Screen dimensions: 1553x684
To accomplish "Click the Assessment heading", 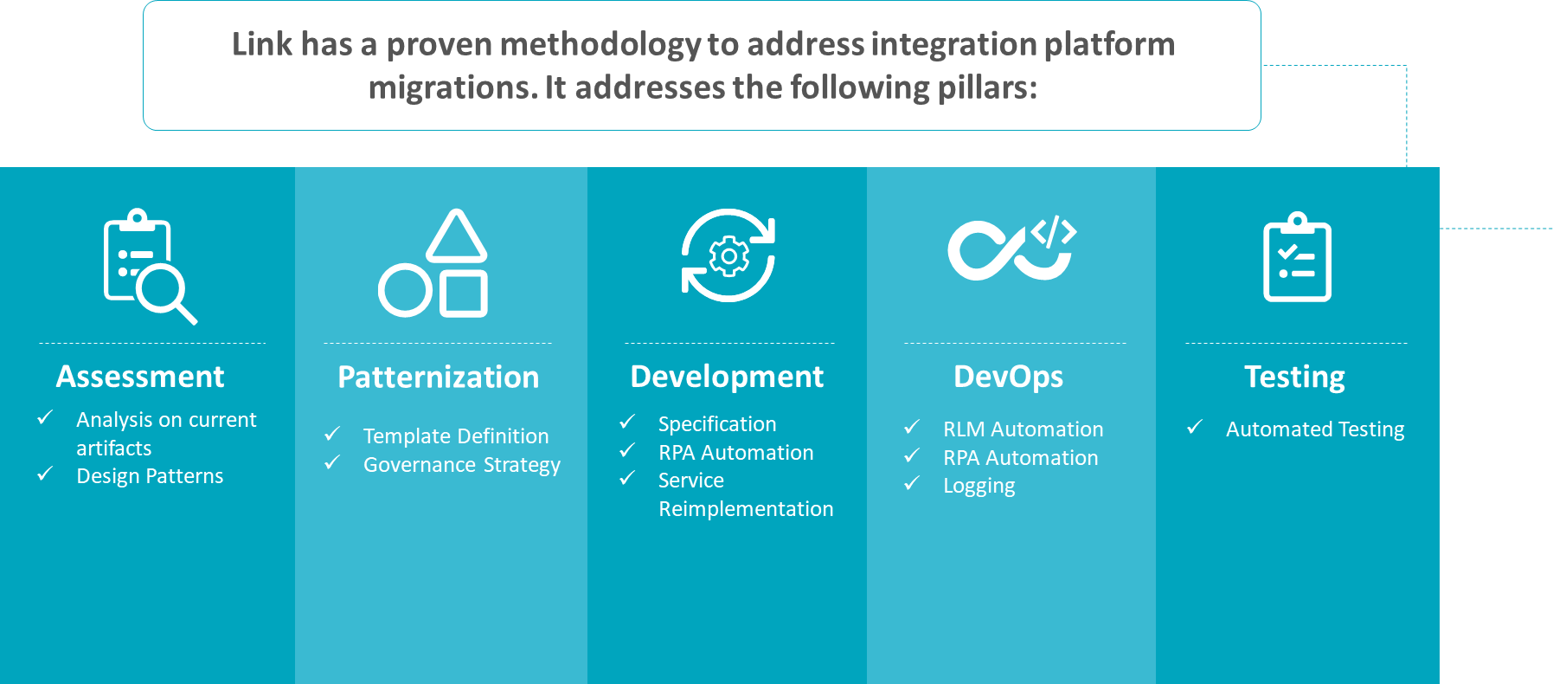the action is (140, 377).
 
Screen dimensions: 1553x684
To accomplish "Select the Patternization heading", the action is (439, 377).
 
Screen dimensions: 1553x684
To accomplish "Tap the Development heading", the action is (727, 377).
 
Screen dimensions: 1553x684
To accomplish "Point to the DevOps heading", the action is (1009, 377).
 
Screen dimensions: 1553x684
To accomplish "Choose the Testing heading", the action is (1295, 377).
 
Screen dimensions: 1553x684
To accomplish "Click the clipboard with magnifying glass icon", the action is (150, 267).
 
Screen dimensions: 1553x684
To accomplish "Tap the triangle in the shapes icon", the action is (457, 236).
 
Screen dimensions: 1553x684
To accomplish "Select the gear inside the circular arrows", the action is (728, 256).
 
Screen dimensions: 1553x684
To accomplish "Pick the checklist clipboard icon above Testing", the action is (1297, 256).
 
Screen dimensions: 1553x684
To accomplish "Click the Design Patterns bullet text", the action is (150, 476).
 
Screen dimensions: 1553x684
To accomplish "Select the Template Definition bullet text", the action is (456, 436).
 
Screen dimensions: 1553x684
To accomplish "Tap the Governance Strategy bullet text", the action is (462, 466).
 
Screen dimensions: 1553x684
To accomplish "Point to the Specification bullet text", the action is (717, 425).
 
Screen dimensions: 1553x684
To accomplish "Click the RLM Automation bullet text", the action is (1024, 429).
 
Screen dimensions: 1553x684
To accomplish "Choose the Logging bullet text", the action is (979, 487).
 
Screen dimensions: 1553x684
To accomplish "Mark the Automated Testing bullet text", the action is (1315, 430).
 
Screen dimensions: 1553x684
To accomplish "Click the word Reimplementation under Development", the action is (746, 509).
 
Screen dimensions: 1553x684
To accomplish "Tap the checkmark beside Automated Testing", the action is (1195, 427).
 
